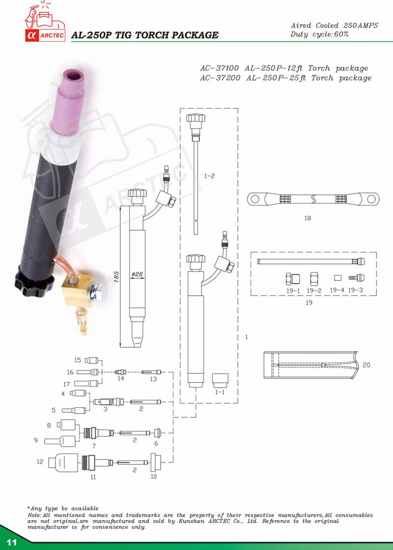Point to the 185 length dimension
(x=117, y=276)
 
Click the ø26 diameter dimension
(x=137, y=274)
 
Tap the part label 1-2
(x=209, y=175)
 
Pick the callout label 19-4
(x=337, y=290)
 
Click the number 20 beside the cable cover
(x=366, y=365)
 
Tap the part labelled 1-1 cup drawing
(x=220, y=380)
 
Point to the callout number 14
(x=120, y=378)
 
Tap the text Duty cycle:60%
(x=319, y=34)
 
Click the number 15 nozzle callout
(x=78, y=360)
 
